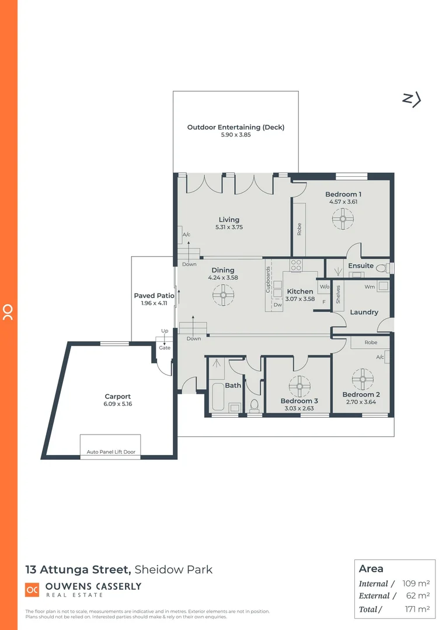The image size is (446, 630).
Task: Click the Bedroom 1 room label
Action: coord(343,194)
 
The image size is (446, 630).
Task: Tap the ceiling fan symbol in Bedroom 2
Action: coord(361,379)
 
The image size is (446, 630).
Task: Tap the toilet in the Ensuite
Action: coord(382,268)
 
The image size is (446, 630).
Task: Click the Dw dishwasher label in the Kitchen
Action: coord(277,304)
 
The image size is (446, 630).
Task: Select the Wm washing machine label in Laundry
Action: coord(370,286)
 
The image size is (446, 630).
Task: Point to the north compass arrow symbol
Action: coord(412,100)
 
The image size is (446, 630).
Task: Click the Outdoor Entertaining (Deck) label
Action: coord(235,127)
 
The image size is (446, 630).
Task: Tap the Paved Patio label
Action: coord(154,296)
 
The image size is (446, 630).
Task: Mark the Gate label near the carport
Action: coord(165,348)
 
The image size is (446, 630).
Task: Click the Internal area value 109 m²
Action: coord(416,583)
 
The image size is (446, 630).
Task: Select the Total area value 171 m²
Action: coord(416,609)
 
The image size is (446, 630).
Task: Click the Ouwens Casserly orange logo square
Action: coord(32,590)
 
